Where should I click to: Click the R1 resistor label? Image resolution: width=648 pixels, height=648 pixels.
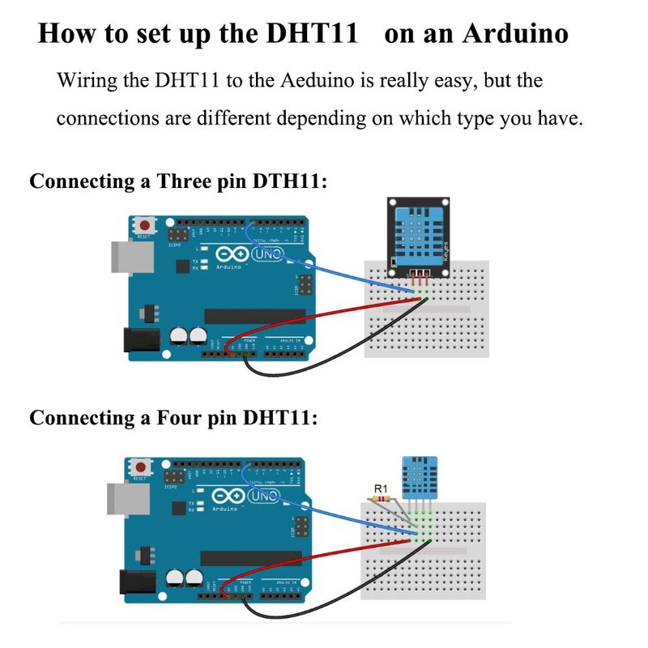[381, 488]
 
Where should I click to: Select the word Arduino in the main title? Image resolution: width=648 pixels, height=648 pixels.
[515, 34]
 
